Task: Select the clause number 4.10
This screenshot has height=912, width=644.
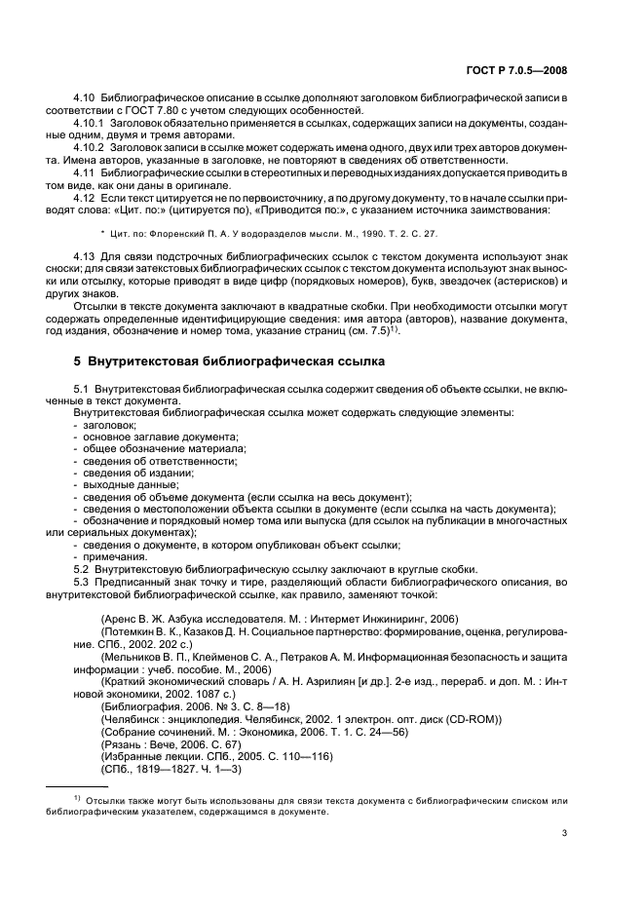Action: (x=86, y=100)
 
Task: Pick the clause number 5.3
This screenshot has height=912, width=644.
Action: (x=83, y=582)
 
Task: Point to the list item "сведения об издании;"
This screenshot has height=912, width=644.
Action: (x=138, y=473)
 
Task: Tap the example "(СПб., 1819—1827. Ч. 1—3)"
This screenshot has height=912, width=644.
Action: (x=170, y=768)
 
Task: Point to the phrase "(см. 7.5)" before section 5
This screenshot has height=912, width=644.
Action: (x=366, y=330)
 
